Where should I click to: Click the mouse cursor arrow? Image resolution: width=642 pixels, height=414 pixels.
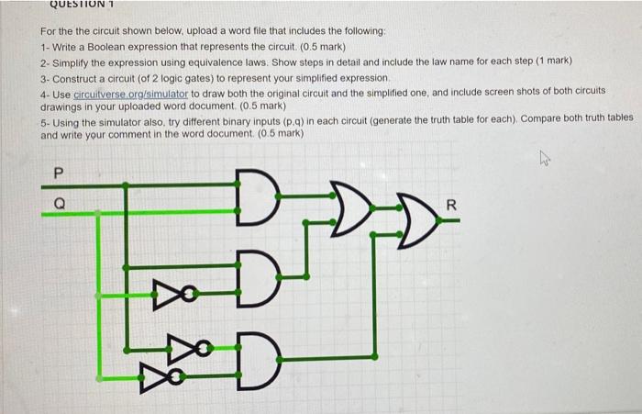pos(543,160)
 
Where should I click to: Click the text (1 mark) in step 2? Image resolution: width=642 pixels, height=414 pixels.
pos(548,61)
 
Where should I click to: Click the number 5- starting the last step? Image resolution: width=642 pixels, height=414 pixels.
pos(46,119)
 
